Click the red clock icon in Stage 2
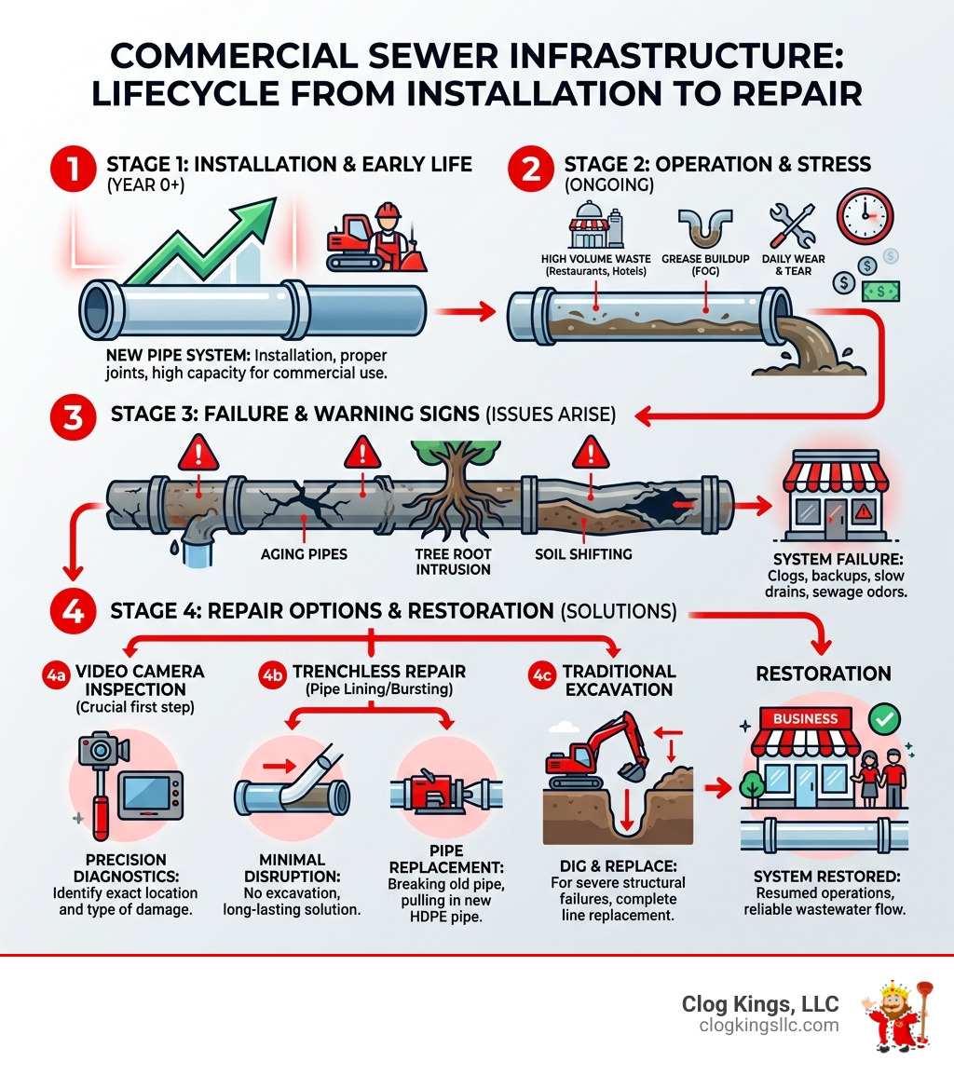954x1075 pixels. [865, 216]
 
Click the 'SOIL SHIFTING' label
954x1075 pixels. [583, 554]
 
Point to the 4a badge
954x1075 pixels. [54, 673]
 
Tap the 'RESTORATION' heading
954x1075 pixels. [824, 674]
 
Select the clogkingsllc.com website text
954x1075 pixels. [769, 1026]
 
